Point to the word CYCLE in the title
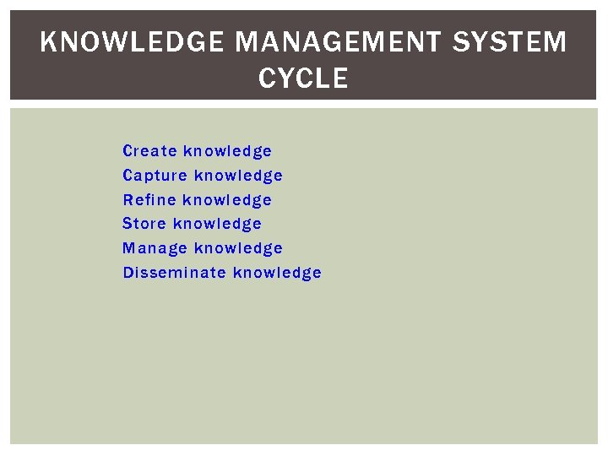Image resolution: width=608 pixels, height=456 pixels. click(x=303, y=79)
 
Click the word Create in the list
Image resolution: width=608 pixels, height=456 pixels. click(x=149, y=151)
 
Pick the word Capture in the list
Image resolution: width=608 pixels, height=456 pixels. click(x=155, y=176)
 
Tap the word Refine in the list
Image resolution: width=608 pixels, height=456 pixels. click(x=149, y=200)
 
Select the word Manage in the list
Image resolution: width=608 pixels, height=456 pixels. click(x=155, y=248)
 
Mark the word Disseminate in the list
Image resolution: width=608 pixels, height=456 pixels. click(x=174, y=273)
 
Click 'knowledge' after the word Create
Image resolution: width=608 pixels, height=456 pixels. click(x=228, y=151)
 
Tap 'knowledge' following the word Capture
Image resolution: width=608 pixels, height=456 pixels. click(x=238, y=176)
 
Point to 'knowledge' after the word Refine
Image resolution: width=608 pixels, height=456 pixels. click(x=227, y=200)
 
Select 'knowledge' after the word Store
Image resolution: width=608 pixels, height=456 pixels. click(x=217, y=224)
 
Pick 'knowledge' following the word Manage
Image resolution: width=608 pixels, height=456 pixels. click(x=238, y=248)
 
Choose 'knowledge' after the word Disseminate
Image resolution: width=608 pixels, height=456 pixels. click(x=277, y=273)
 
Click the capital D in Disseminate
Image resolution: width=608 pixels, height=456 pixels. click(x=128, y=273)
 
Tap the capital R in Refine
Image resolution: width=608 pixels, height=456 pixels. click(x=128, y=200)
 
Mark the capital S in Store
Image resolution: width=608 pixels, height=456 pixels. click(x=128, y=224)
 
